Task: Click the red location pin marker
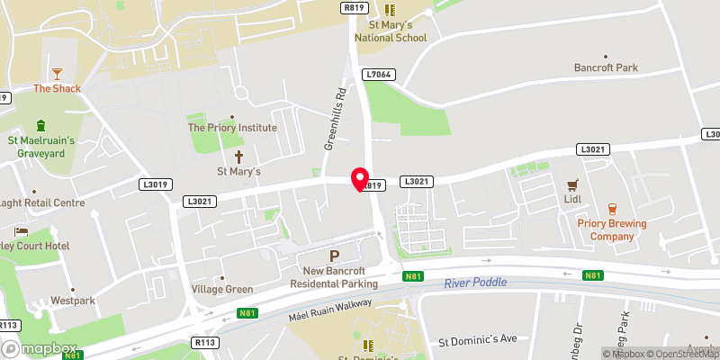coord(360,179)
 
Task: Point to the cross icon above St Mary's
coord(238,156)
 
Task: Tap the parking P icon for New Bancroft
coord(334,257)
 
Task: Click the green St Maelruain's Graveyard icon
coord(40,124)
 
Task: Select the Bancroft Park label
coord(606,67)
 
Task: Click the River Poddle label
coord(475,283)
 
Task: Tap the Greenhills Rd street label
coord(335,120)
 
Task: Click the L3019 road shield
coord(154,184)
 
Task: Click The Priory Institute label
coord(232,128)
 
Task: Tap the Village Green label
coord(222,289)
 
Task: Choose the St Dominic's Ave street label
coord(478,340)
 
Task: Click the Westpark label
coord(72,300)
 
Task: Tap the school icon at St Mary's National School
coord(390,9)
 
